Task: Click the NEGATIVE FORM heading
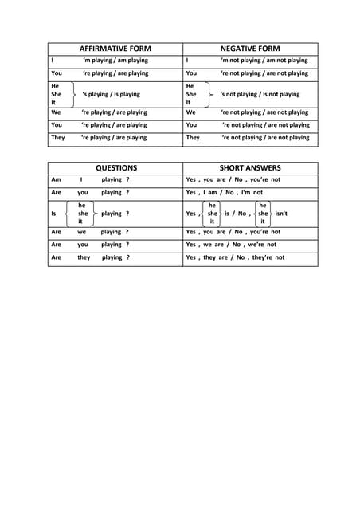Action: click(x=250, y=49)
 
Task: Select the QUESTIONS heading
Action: click(x=116, y=168)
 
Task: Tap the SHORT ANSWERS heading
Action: click(x=251, y=168)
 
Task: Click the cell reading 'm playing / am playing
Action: click(x=115, y=61)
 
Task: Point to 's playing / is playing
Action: click(x=111, y=94)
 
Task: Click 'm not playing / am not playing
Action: click(x=264, y=61)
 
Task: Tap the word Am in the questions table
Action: click(x=55, y=180)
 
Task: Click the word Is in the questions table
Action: click(x=53, y=214)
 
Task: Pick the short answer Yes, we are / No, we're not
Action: click(x=231, y=245)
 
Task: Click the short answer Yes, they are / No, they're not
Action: click(x=235, y=257)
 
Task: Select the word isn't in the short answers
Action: click(x=280, y=214)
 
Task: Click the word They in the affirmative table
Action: click(x=58, y=138)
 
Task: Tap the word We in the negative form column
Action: click(x=191, y=113)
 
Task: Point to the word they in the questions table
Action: click(x=84, y=257)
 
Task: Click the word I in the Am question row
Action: click(x=81, y=180)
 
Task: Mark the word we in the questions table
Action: click(x=81, y=232)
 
